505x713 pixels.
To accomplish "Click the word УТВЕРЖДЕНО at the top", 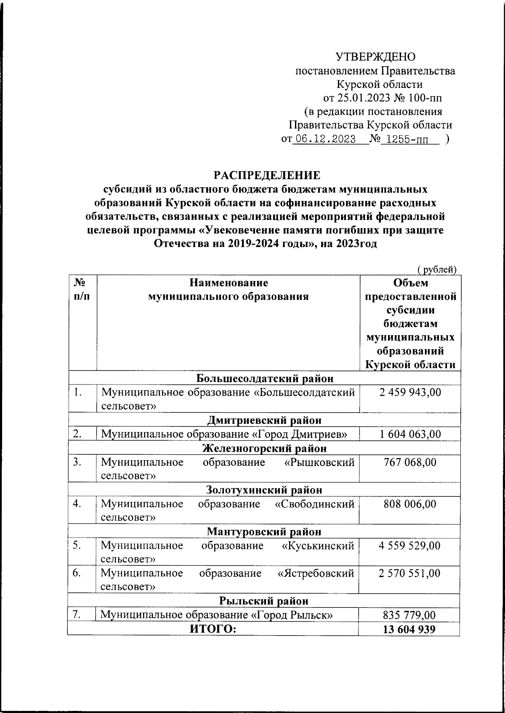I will tap(375, 57).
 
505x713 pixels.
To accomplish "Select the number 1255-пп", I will tap(409, 140).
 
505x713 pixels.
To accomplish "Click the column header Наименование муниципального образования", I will tap(228, 289).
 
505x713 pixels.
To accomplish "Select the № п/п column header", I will tap(82, 289).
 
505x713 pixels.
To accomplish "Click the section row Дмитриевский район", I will tap(264, 420).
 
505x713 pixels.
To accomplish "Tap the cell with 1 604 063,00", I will tap(410, 434).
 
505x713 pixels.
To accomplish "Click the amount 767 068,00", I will tap(410, 462).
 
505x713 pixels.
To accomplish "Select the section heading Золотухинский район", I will tap(264, 490).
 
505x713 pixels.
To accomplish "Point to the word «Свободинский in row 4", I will tap(314, 504).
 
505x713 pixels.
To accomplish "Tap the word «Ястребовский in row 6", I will tap(316, 573).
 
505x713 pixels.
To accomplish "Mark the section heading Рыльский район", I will tap(264, 601).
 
